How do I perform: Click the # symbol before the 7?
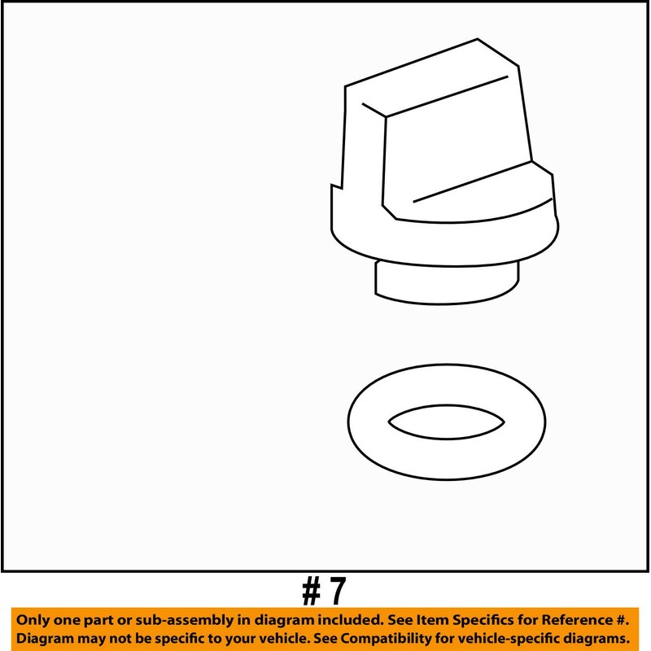tap(313, 592)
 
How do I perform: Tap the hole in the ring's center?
tap(446, 422)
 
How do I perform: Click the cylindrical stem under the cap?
tap(446, 286)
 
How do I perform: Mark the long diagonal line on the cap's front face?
tap(472, 181)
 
